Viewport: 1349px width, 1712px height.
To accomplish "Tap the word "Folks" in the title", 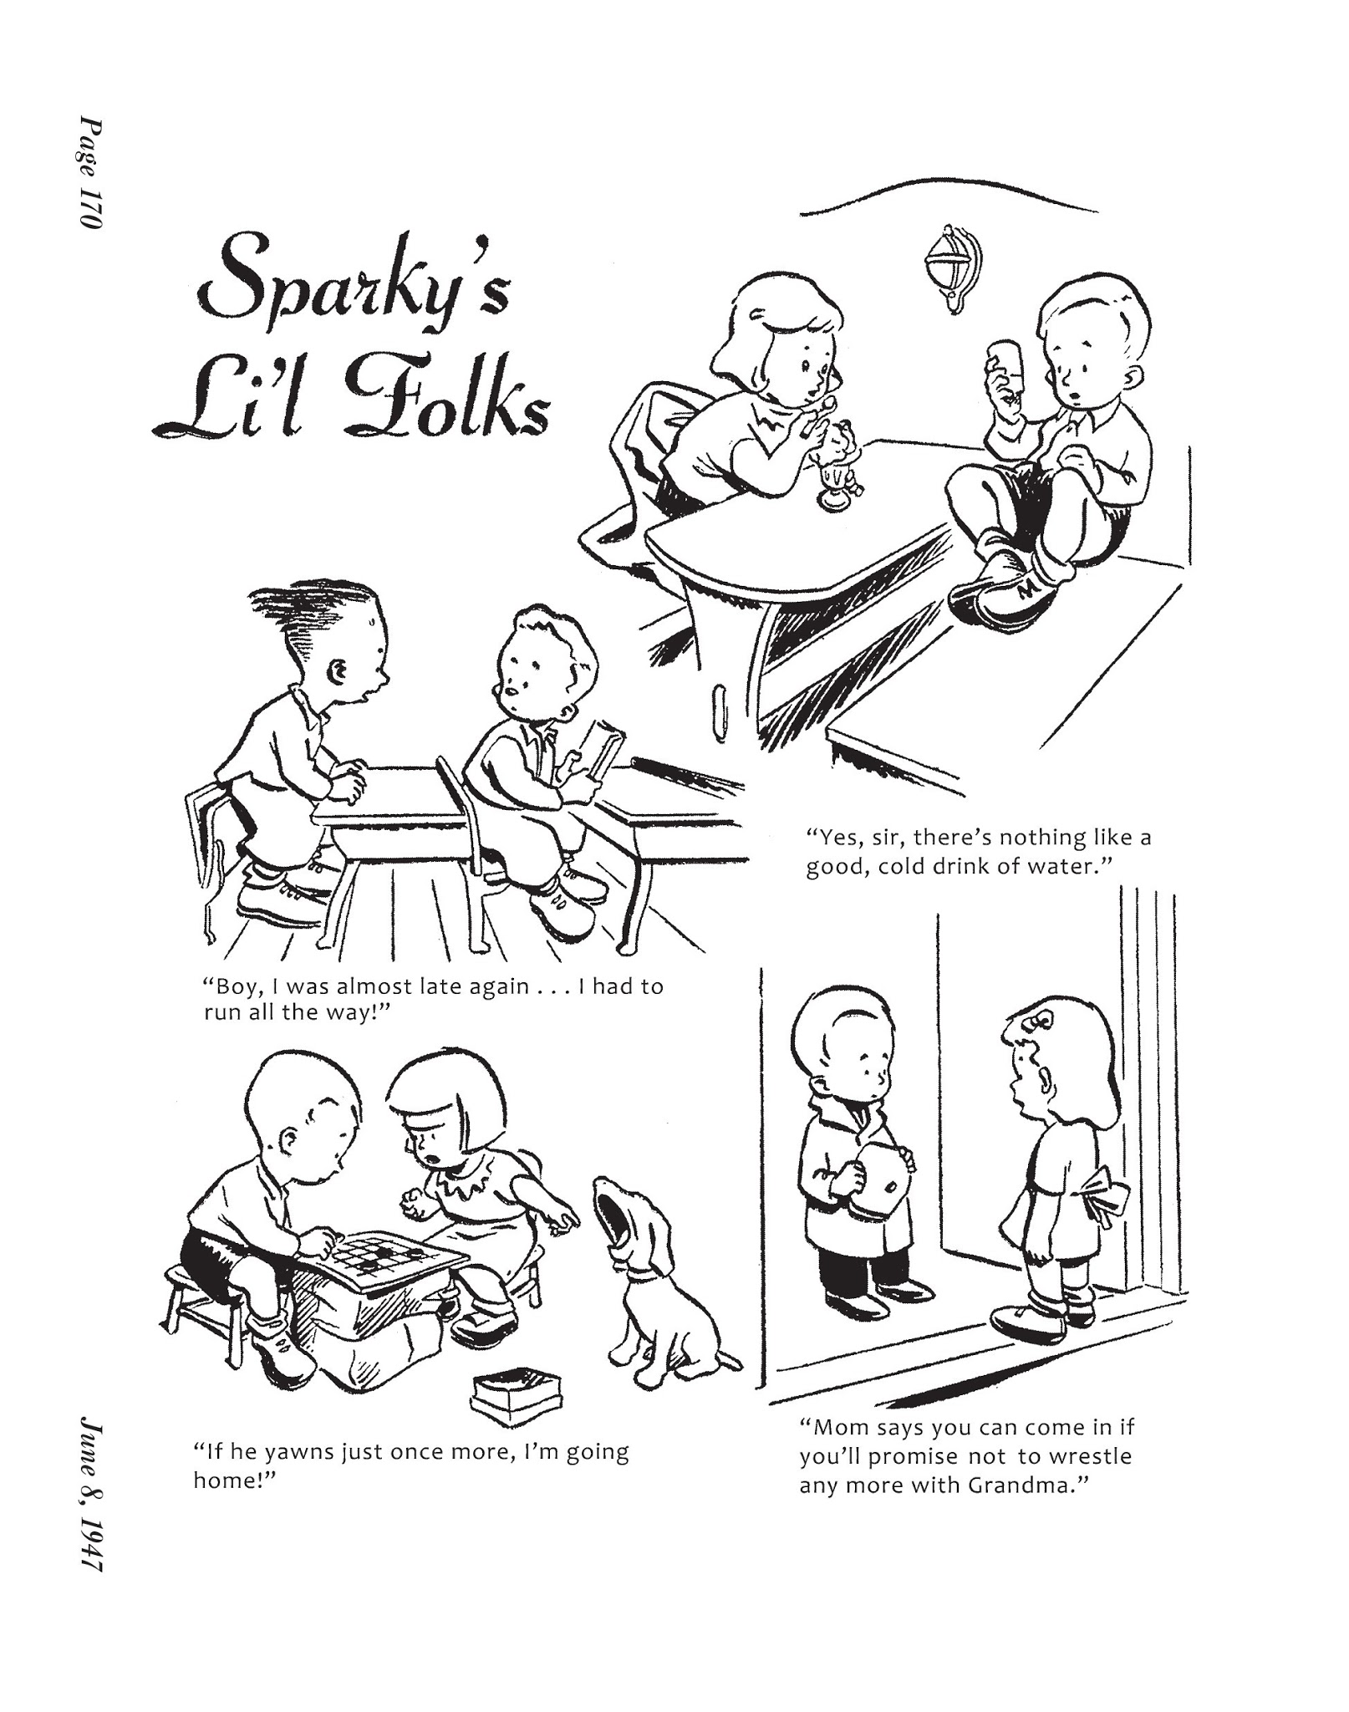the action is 444,406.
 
